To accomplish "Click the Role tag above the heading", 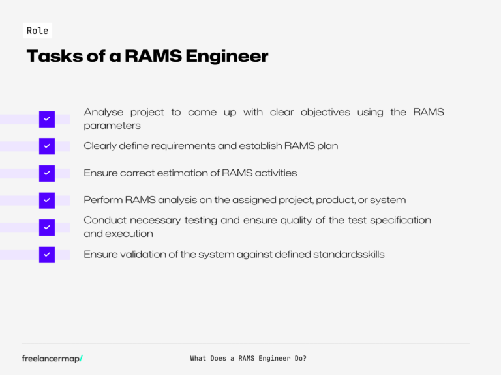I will (x=37, y=31).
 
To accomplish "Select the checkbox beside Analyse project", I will (x=47, y=119).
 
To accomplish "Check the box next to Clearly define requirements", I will (x=47, y=146).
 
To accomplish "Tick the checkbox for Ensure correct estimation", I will (x=47, y=173).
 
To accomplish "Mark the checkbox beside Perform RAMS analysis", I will (x=47, y=200).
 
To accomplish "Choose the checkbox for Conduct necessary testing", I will (x=47, y=227).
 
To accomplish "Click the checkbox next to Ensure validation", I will (x=47, y=255).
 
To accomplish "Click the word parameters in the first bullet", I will (x=112, y=126).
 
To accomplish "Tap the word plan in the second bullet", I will (x=327, y=146).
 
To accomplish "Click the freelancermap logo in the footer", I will (x=51, y=358).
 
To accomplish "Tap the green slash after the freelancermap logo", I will (x=81, y=358).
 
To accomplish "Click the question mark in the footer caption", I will (x=305, y=358).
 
